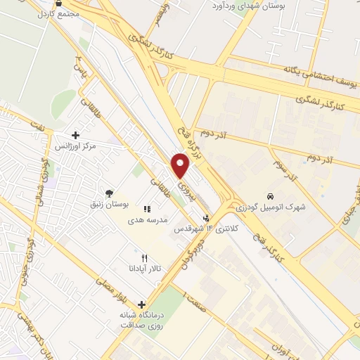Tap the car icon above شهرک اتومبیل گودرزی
click(x=270, y=195)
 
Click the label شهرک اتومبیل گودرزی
click(x=270, y=207)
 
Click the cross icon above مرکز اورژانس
click(x=75, y=135)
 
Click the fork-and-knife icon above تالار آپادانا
click(x=145, y=257)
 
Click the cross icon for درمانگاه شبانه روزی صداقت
click(x=143, y=305)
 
